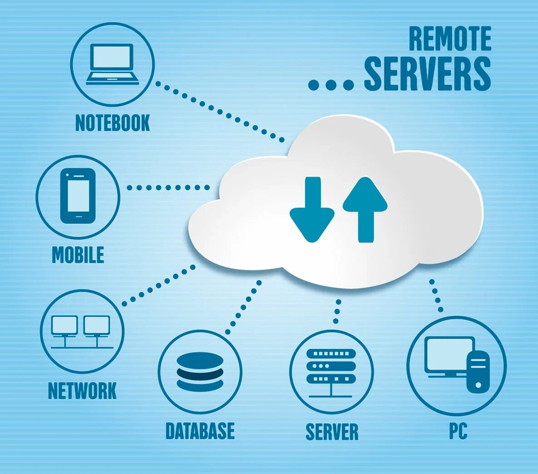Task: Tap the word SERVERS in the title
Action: coord(427,74)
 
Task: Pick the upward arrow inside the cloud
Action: coord(365,209)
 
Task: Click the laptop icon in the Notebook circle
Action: coord(113,64)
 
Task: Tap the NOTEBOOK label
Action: coord(113,123)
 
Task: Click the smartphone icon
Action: coord(78,196)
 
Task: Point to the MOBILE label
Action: coord(78,255)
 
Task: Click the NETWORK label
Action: coord(82,391)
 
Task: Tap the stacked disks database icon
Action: coord(200,371)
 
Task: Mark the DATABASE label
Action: coord(200,431)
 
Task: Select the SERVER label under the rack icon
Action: coord(332,432)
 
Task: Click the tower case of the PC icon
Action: coord(478,371)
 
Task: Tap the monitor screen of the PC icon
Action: coord(449,354)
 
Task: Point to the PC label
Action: coord(458,431)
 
